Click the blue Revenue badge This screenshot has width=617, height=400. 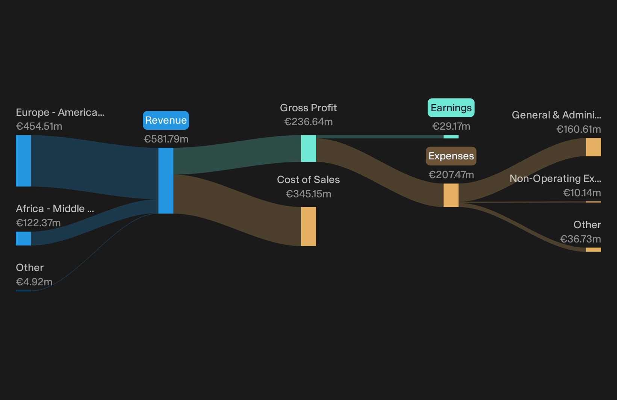(166, 120)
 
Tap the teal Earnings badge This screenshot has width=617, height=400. (451, 108)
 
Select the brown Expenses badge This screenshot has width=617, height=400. (451, 156)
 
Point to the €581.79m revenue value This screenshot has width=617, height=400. (166, 139)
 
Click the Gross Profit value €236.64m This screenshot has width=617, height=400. (308, 121)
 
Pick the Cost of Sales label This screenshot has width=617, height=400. (308, 180)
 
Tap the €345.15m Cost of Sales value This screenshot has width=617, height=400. (308, 194)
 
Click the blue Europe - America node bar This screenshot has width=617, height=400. (23, 161)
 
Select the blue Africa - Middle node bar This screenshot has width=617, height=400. (23, 238)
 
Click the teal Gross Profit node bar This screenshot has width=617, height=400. (308, 148)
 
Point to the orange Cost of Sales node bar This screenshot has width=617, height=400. (308, 226)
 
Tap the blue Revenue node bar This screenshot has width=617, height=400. (166, 180)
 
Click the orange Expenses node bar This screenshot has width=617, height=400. (451, 195)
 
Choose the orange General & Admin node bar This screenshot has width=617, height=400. (594, 147)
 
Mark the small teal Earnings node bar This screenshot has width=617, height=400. (451, 137)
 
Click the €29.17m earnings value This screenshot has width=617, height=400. (451, 126)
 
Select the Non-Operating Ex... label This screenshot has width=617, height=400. (555, 179)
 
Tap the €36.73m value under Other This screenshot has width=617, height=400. (581, 239)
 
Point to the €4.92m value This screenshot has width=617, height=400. (34, 282)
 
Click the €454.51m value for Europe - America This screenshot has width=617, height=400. (39, 126)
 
